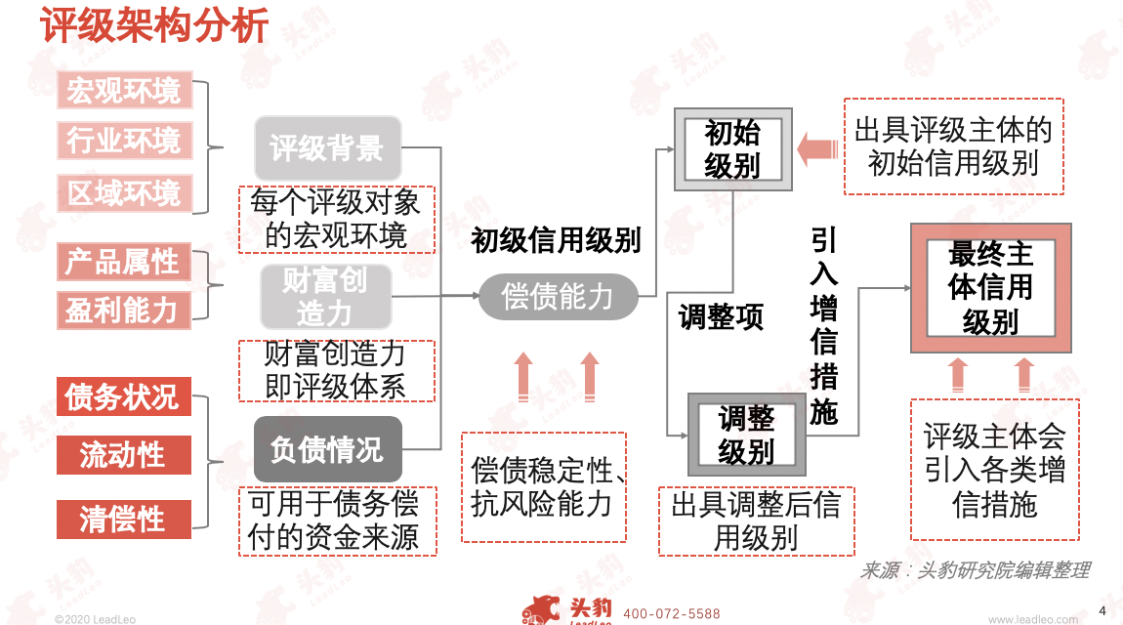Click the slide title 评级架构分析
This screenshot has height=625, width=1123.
tap(154, 26)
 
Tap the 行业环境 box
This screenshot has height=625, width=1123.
tap(123, 142)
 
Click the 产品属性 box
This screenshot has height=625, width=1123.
tap(123, 262)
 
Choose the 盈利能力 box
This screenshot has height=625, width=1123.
tap(123, 310)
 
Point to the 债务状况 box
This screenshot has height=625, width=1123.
tap(123, 396)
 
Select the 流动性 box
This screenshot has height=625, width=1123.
tap(123, 455)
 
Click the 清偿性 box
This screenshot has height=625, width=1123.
tap(123, 519)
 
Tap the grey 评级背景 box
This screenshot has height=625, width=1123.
tap(327, 149)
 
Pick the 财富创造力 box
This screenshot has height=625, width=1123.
tap(325, 297)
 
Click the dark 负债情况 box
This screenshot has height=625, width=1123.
tap(327, 450)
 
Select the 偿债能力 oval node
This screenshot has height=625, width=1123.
tap(558, 296)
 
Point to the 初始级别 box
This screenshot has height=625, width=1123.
tap(732, 149)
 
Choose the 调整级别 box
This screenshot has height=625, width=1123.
tap(746, 435)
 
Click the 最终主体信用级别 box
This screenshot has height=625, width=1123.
tap(990, 288)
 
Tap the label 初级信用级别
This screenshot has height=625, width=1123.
tap(557, 240)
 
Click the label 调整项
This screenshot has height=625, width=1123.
tap(721, 317)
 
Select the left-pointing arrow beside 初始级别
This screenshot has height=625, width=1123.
tap(818, 149)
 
